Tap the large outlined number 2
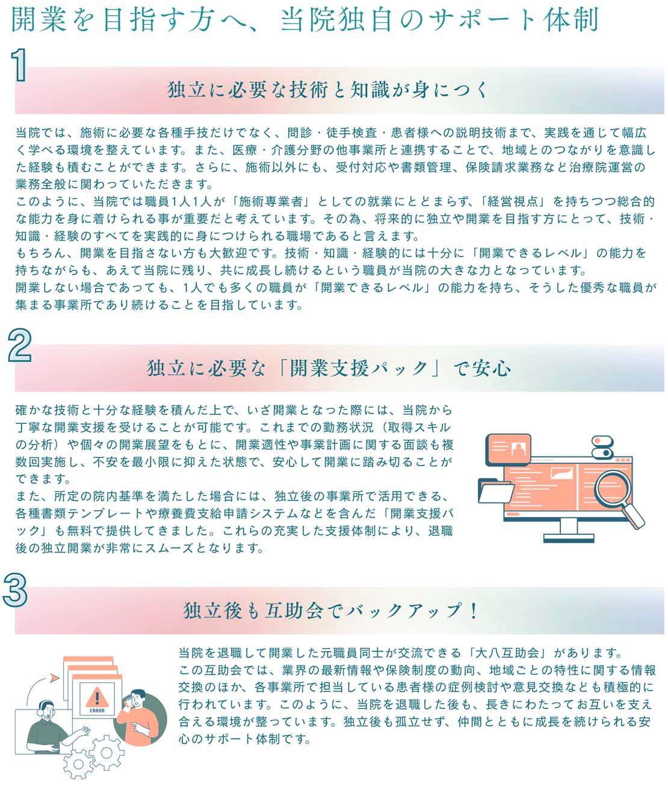pos(20,345)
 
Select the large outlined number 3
pos(15,590)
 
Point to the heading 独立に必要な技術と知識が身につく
pos(328,90)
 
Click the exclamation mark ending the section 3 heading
pos(474,610)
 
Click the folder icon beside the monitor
pos(495,490)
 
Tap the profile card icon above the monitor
pos(508,449)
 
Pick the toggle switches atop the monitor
pos(602,447)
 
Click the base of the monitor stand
pos(569,538)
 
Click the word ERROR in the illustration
pos(97,711)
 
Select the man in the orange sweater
pos(137,717)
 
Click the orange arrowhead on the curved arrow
pos(55,678)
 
